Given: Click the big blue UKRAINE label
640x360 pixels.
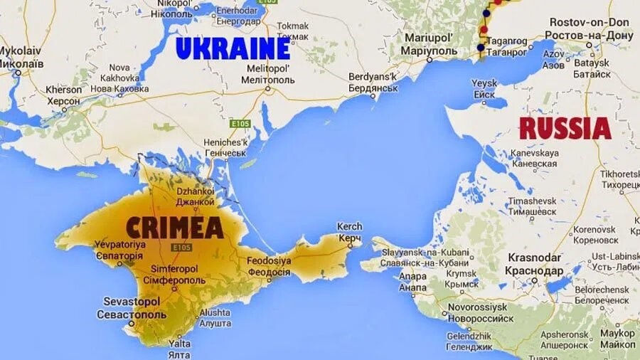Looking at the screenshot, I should (x=233, y=48).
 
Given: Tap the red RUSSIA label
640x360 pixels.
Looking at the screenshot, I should (x=565, y=129).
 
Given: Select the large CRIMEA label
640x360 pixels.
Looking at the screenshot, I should (x=175, y=228).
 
